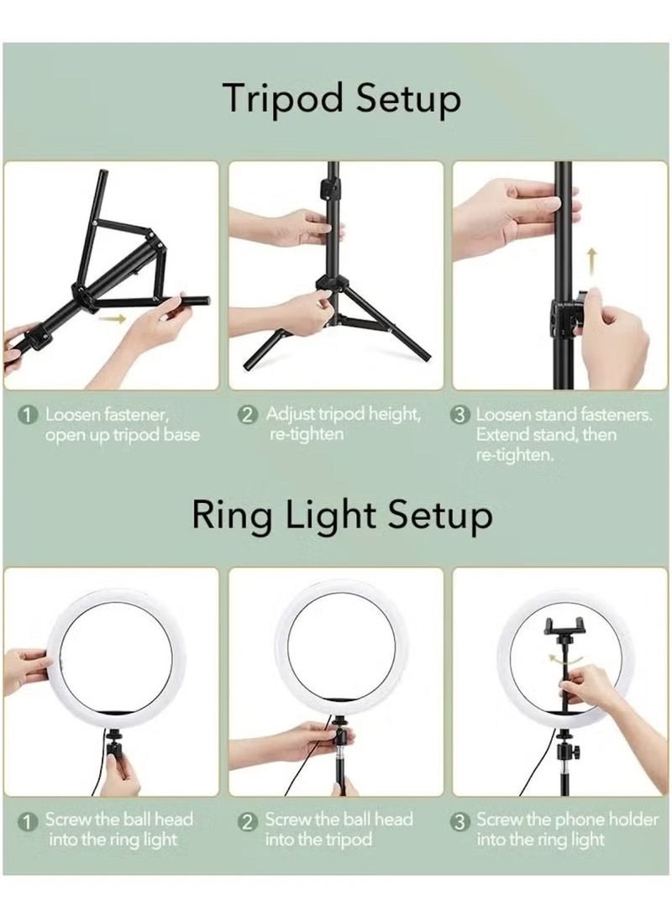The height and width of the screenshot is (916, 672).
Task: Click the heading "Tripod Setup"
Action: [341, 99]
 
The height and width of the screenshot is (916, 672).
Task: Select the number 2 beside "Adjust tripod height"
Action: [248, 416]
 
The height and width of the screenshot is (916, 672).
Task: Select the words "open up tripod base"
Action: [123, 435]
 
